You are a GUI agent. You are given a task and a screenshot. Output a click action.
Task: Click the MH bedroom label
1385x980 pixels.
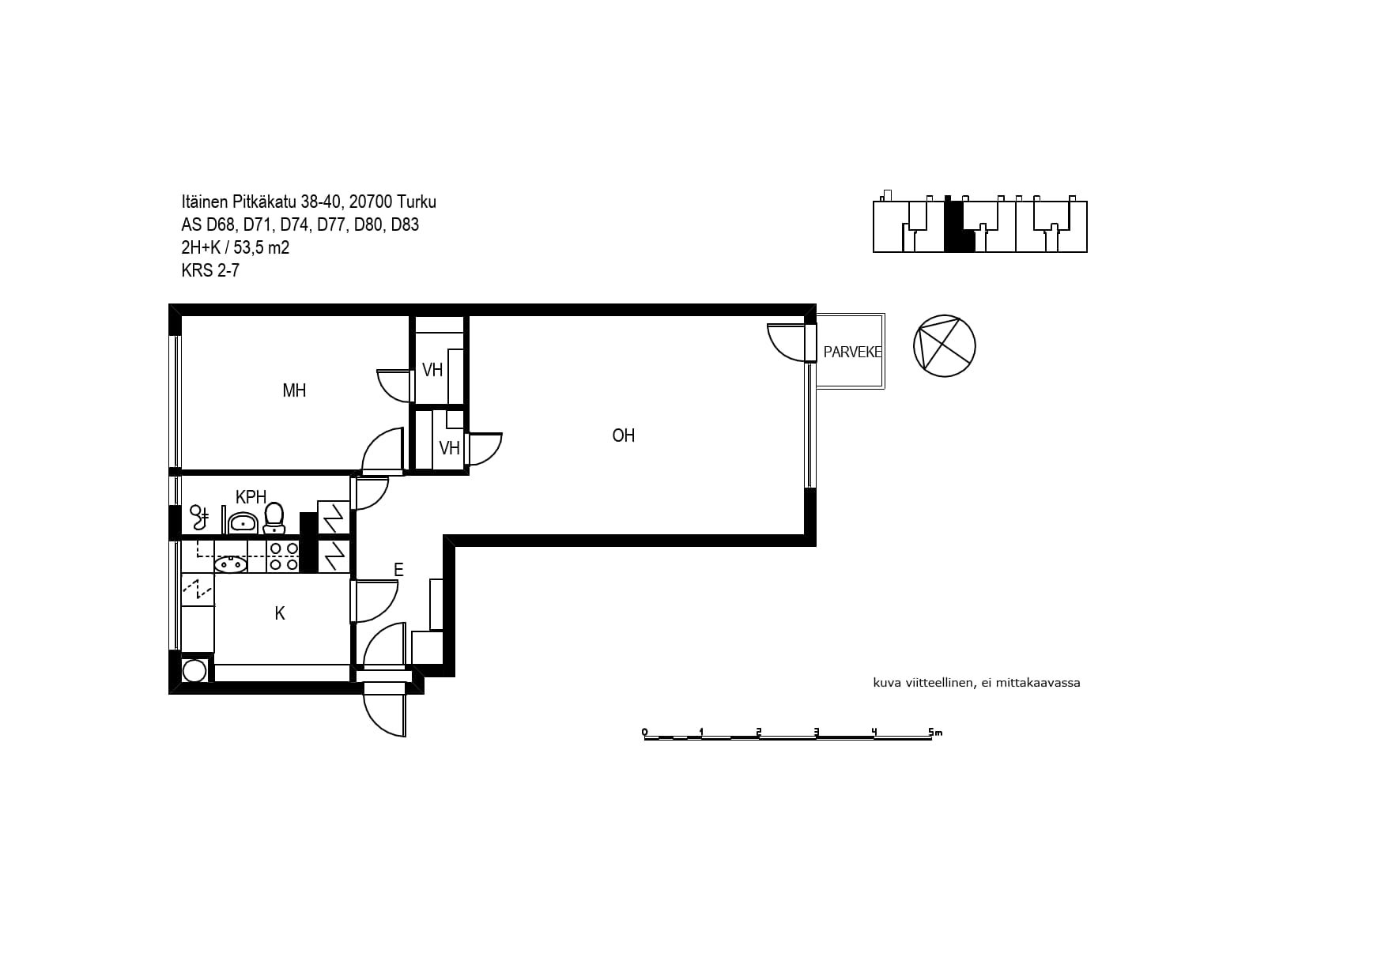[294, 390]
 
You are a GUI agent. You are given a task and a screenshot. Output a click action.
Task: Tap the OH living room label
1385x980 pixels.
[624, 435]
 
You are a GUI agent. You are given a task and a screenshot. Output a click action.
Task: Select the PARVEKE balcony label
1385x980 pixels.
[852, 352]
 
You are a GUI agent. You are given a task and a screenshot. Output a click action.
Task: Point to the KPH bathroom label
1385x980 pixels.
[251, 497]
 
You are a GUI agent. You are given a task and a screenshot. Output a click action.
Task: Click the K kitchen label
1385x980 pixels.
[280, 613]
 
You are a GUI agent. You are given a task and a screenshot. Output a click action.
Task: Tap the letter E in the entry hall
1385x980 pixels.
[398, 570]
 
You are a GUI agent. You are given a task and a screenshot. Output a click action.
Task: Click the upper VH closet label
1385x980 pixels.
[432, 370]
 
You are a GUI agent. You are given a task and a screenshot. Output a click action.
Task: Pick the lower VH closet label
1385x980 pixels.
[449, 448]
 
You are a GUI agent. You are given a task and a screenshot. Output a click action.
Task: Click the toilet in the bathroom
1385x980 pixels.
[274, 518]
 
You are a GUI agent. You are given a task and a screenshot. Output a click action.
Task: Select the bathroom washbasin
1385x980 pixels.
[242, 522]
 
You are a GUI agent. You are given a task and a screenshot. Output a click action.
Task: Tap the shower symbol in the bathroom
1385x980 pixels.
[198, 517]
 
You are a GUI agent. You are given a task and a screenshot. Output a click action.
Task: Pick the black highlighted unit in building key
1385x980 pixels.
[959, 227]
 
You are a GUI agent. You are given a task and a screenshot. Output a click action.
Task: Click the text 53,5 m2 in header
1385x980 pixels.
[262, 248]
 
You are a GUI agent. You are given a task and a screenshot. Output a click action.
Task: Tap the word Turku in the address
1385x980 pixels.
[417, 202]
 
